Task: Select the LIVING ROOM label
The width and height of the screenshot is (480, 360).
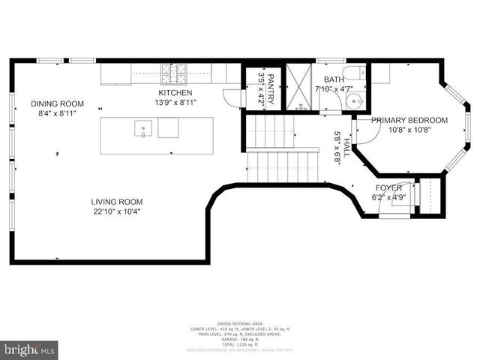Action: (116, 201)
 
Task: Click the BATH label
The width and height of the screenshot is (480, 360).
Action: (333, 79)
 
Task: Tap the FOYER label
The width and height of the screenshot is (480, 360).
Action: (388, 187)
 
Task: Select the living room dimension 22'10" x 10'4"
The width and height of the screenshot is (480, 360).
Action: (116, 211)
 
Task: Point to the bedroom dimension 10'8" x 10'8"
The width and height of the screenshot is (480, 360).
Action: (409, 130)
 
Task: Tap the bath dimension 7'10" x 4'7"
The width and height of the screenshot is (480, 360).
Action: (333, 90)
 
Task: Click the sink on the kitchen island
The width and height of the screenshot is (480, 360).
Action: (142, 129)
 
